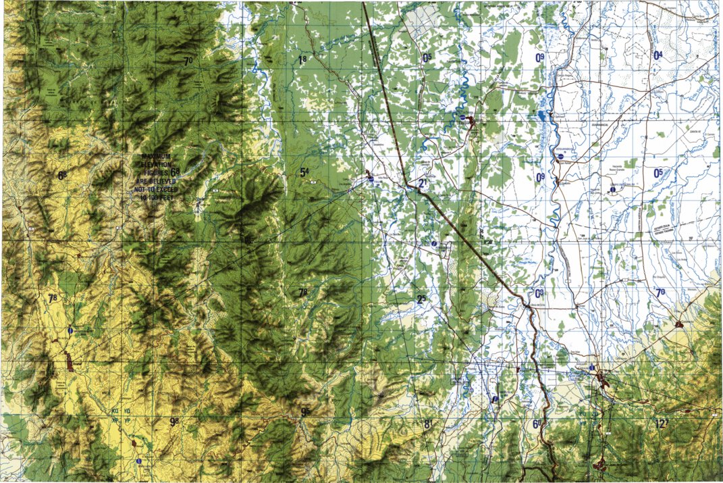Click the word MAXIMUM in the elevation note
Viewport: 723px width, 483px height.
point(157,157)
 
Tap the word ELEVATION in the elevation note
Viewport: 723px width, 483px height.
point(157,165)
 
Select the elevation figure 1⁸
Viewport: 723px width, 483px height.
point(302,60)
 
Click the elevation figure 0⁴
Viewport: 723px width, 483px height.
point(658,55)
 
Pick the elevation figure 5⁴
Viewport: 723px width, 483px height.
point(304,173)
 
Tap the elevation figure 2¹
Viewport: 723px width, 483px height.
point(424,184)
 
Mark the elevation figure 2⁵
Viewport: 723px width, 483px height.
point(421,300)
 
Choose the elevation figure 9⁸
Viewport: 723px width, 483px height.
point(174,422)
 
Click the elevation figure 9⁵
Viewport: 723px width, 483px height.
point(305,412)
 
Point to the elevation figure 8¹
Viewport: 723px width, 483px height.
point(427,424)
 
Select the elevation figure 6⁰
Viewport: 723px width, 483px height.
point(537,424)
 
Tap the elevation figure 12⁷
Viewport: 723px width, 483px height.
point(661,424)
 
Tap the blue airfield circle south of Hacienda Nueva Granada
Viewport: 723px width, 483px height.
point(612,190)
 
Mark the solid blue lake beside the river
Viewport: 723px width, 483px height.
point(542,115)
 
